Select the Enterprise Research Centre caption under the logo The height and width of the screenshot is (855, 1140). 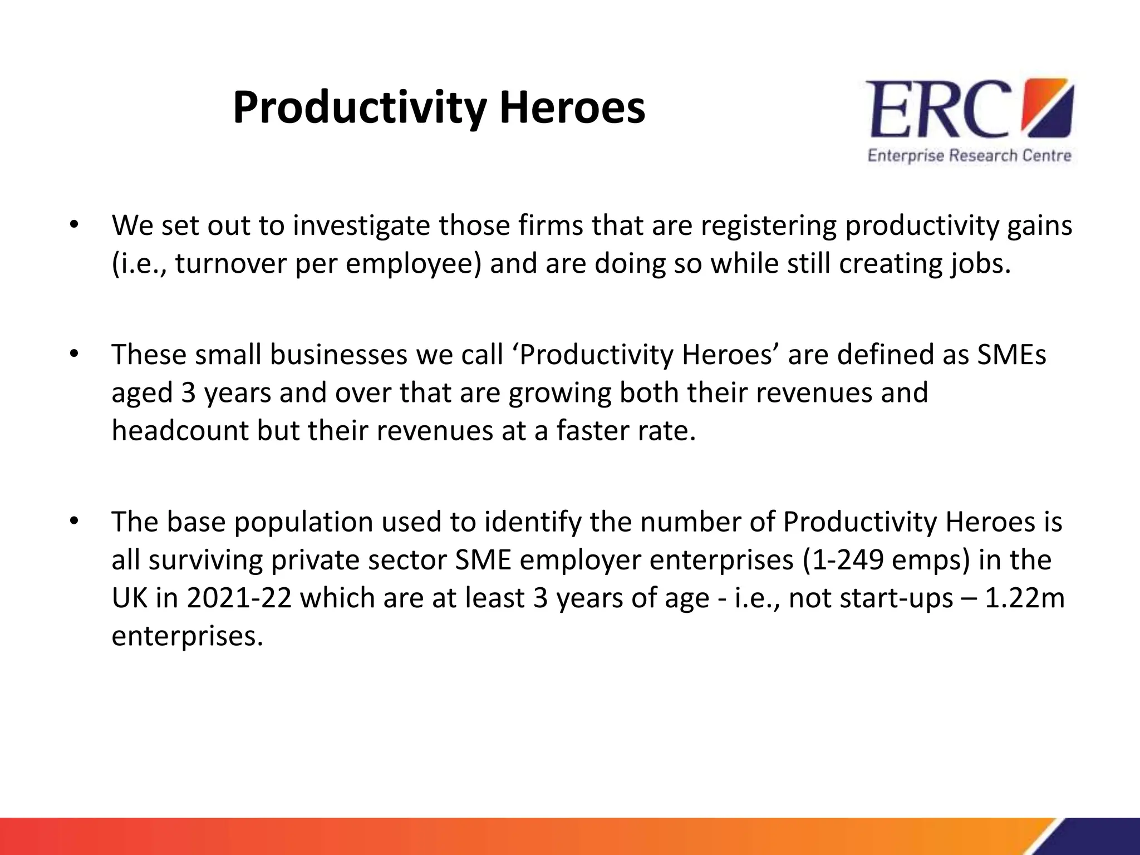(x=969, y=155)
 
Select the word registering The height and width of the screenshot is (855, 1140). (x=768, y=226)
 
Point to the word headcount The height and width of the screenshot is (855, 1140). (x=179, y=430)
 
